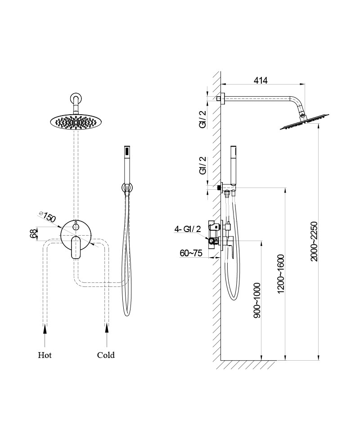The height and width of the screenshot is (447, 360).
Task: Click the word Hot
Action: tap(45, 355)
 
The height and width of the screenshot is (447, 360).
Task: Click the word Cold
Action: tap(106, 355)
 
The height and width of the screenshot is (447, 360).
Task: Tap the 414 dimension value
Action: tap(261, 80)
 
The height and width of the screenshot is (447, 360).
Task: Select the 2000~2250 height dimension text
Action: tap(314, 241)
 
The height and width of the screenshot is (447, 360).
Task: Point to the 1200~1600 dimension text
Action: tap(281, 273)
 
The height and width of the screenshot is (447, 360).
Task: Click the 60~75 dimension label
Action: tap(191, 254)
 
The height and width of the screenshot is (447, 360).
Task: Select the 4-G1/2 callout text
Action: tap(188, 230)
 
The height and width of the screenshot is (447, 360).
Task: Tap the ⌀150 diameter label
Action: tap(47, 217)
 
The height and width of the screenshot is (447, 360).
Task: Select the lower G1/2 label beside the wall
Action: tap(203, 165)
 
